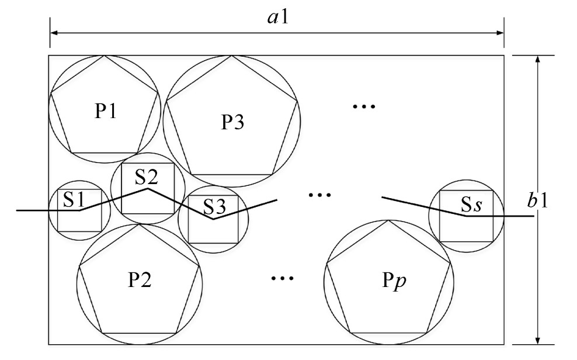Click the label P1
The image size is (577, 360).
[x=105, y=112]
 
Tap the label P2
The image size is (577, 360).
[x=140, y=281]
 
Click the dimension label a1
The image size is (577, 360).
[x=277, y=17]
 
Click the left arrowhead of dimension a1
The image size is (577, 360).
[x=53, y=33]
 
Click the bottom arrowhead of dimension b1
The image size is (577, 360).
[x=537, y=341]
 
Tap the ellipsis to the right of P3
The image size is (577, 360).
[x=363, y=106]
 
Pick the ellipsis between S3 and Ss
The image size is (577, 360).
[x=319, y=194]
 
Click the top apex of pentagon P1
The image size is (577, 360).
[x=104, y=56]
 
